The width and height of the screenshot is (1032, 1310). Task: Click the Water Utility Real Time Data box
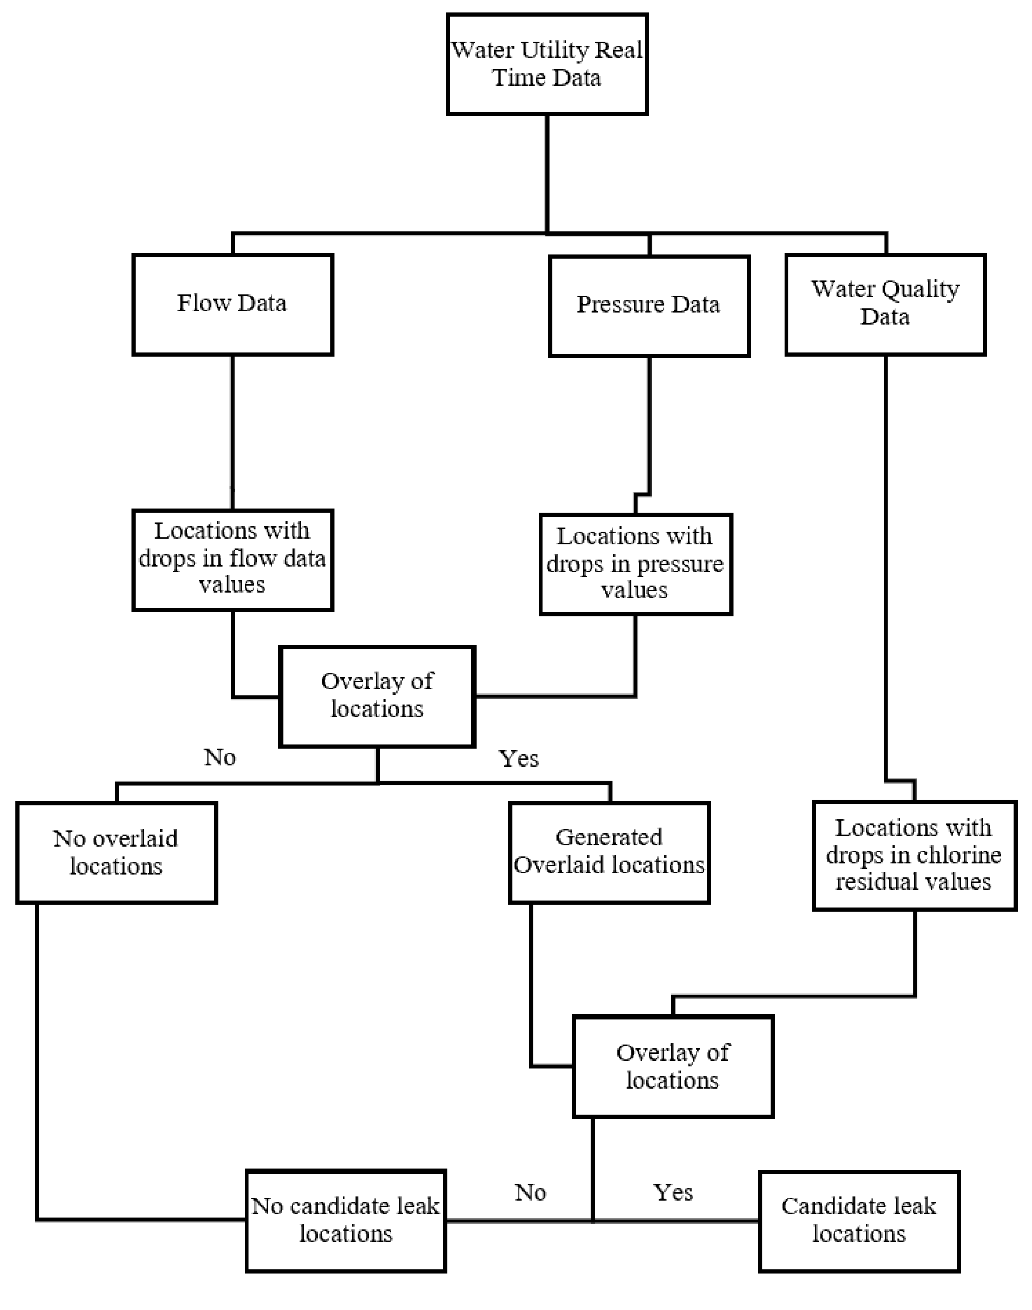click(547, 64)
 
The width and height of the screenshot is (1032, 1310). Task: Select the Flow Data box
click(232, 304)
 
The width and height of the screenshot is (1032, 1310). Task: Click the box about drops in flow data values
click(232, 559)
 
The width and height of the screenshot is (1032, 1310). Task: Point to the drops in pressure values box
click(635, 564)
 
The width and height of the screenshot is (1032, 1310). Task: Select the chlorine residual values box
click(914, 855)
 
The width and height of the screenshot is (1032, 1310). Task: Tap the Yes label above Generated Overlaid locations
click(518, 758)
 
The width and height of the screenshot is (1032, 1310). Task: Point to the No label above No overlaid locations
click(220, 757)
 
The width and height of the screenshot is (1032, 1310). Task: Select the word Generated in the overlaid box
click(609, 838)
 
